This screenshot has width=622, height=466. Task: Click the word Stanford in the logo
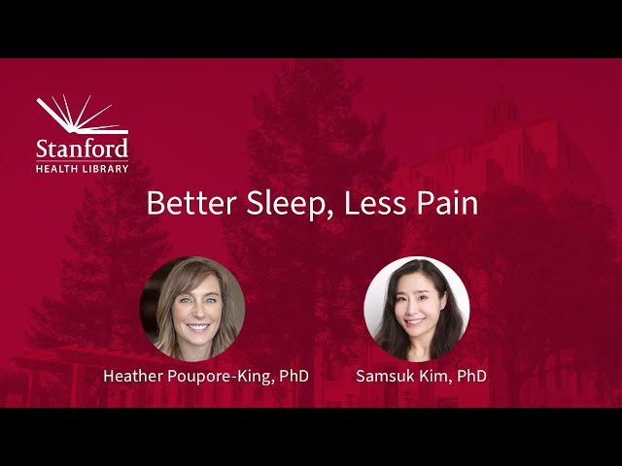coord(83,149)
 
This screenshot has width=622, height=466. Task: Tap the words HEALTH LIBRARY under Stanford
coord(83,168)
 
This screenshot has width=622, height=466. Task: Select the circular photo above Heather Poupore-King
coord(192,308)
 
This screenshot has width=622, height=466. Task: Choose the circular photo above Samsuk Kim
coord(416,308)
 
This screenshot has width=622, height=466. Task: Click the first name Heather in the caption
coord(134,375)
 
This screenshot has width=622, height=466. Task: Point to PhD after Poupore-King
coord(294,375)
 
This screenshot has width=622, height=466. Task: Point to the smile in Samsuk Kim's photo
coord(415,319)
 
